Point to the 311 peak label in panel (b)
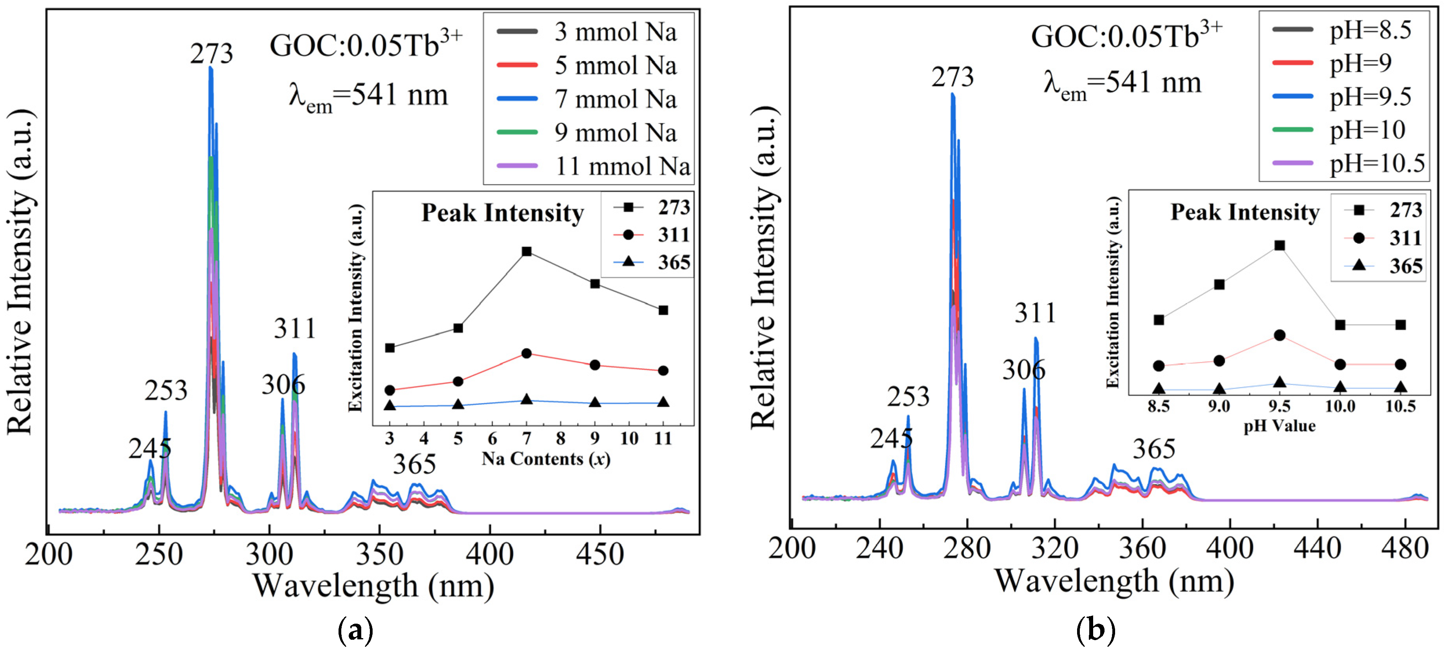1035,313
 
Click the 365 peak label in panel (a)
414,464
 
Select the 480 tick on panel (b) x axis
1405,548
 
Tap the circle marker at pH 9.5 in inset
1280,335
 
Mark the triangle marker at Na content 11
663,402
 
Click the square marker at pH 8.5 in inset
1158,320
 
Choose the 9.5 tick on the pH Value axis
1280,406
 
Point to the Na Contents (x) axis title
545,459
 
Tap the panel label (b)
1096,630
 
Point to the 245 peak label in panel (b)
891,438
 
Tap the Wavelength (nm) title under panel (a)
373,586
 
